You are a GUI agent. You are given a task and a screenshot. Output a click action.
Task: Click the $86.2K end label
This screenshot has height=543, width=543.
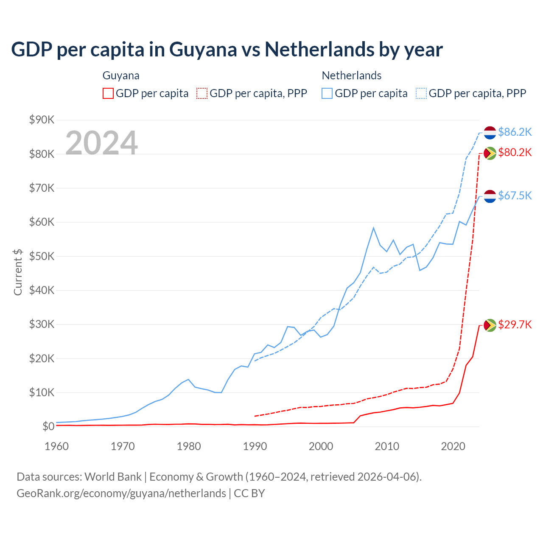coord(515,132)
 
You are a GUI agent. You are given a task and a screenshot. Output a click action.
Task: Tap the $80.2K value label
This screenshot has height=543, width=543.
coord(515,152)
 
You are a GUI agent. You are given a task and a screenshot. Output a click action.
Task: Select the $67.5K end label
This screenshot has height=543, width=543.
coord(515,196)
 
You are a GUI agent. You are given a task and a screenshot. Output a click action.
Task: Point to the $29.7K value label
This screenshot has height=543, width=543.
coord(515,325)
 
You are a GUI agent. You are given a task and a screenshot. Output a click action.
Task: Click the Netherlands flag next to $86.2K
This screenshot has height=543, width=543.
coord(490,132)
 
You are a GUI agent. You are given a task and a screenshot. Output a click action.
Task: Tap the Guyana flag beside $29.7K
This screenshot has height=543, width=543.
coord(490,325)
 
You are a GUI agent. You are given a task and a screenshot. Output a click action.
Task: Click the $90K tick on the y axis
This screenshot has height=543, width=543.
coord(42,120)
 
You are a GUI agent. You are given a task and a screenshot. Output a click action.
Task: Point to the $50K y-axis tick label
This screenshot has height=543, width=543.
coord(42,256)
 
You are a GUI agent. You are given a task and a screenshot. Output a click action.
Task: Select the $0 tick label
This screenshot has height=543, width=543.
coord(48,426)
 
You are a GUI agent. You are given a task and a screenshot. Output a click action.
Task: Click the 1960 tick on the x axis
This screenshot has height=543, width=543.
coord(56,446)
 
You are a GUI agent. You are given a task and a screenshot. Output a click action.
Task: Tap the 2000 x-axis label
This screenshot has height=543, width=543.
coord(321,446)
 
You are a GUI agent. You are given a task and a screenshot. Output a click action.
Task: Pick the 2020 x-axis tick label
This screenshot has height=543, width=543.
coord(453,446)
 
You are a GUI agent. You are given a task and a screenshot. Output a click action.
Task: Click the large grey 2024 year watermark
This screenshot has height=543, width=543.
coord(101,143)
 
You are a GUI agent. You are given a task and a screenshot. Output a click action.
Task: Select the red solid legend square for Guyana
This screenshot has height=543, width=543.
coord(108,93)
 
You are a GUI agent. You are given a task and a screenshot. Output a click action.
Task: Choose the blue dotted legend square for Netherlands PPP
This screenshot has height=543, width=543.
coord(421,93)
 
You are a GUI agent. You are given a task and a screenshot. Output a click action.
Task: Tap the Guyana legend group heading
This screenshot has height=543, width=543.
coord(121,76)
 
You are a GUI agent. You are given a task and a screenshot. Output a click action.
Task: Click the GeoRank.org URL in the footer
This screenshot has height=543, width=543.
coord(121,493)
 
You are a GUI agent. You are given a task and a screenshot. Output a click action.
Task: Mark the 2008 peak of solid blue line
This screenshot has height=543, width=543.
coord(373,228)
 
